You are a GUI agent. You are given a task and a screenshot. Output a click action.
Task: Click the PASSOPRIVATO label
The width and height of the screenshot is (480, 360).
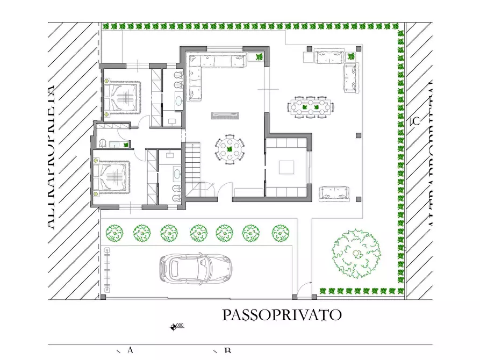tap(282, 314)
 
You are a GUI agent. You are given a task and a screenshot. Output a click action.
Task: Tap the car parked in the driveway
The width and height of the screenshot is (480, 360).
tap(195, 267)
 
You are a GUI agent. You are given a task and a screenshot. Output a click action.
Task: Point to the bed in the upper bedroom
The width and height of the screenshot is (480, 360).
tap(123, 98)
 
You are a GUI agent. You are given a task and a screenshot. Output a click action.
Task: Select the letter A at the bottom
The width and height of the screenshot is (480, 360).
tap(130, 350)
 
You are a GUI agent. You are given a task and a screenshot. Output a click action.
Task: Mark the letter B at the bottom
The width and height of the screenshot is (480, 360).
tap(227, 351)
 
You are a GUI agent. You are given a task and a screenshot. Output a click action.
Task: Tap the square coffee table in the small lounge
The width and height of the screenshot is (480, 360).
tap(287, 168)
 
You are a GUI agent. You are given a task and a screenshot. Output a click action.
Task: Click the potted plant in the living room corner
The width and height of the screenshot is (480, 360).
tap(259, 57)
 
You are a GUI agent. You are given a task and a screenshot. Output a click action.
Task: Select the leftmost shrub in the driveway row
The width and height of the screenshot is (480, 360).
tap(114, 233)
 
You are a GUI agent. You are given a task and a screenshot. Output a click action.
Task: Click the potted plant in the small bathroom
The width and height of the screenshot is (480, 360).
tap(126, 145)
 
